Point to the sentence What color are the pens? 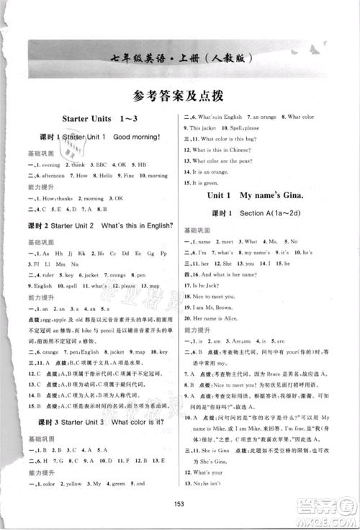225,160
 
